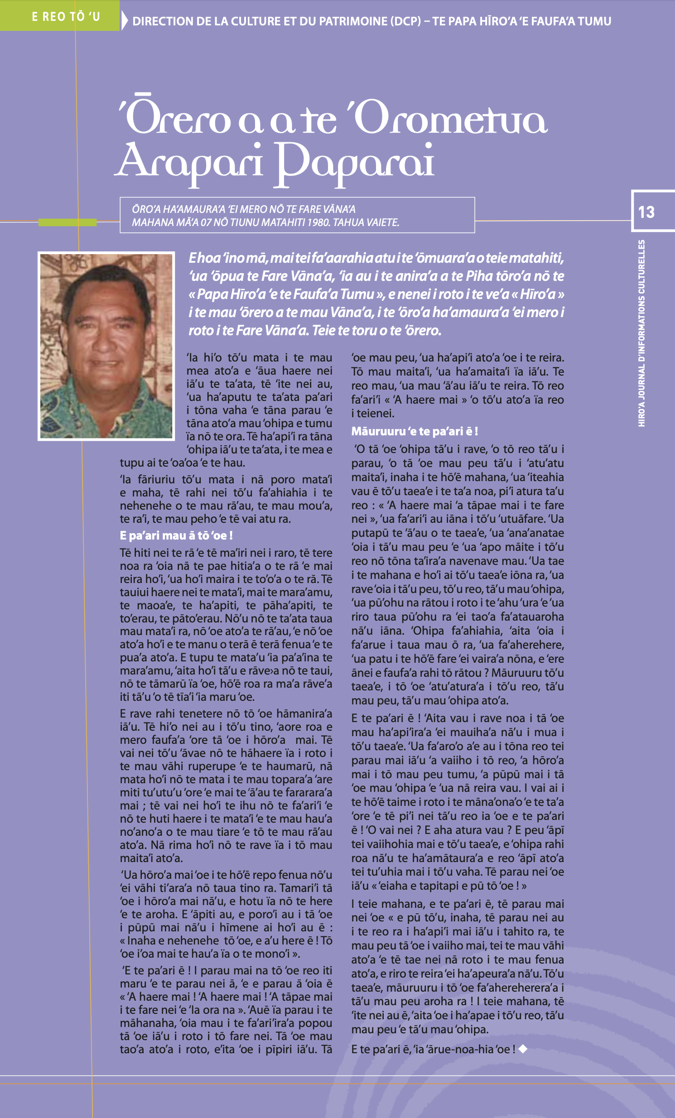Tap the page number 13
coord(646,212)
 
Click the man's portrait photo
coord(106,346)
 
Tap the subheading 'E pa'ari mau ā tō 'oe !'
coord(176,535)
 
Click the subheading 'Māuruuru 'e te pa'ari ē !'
coord(415,431)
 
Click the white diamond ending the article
coord(523,1048)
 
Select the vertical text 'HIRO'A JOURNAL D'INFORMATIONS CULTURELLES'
coord(641,333)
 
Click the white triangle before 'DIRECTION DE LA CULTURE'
coord(125,21)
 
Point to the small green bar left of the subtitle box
coord(67,222)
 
